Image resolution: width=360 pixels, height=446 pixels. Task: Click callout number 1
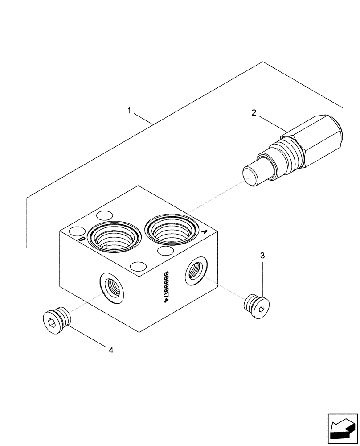coord(130,110)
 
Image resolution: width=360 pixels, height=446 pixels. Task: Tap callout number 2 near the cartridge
coord(254,113)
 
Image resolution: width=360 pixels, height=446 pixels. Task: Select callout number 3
coord(262,256)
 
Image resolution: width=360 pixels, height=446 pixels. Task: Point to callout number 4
coord(111,351)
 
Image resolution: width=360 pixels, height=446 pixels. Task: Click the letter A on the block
coord(205,232)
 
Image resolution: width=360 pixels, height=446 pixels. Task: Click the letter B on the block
coord(82,240)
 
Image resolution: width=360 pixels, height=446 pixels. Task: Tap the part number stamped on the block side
coord(167,287)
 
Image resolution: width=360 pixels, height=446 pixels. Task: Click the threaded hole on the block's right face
coord(195,271)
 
